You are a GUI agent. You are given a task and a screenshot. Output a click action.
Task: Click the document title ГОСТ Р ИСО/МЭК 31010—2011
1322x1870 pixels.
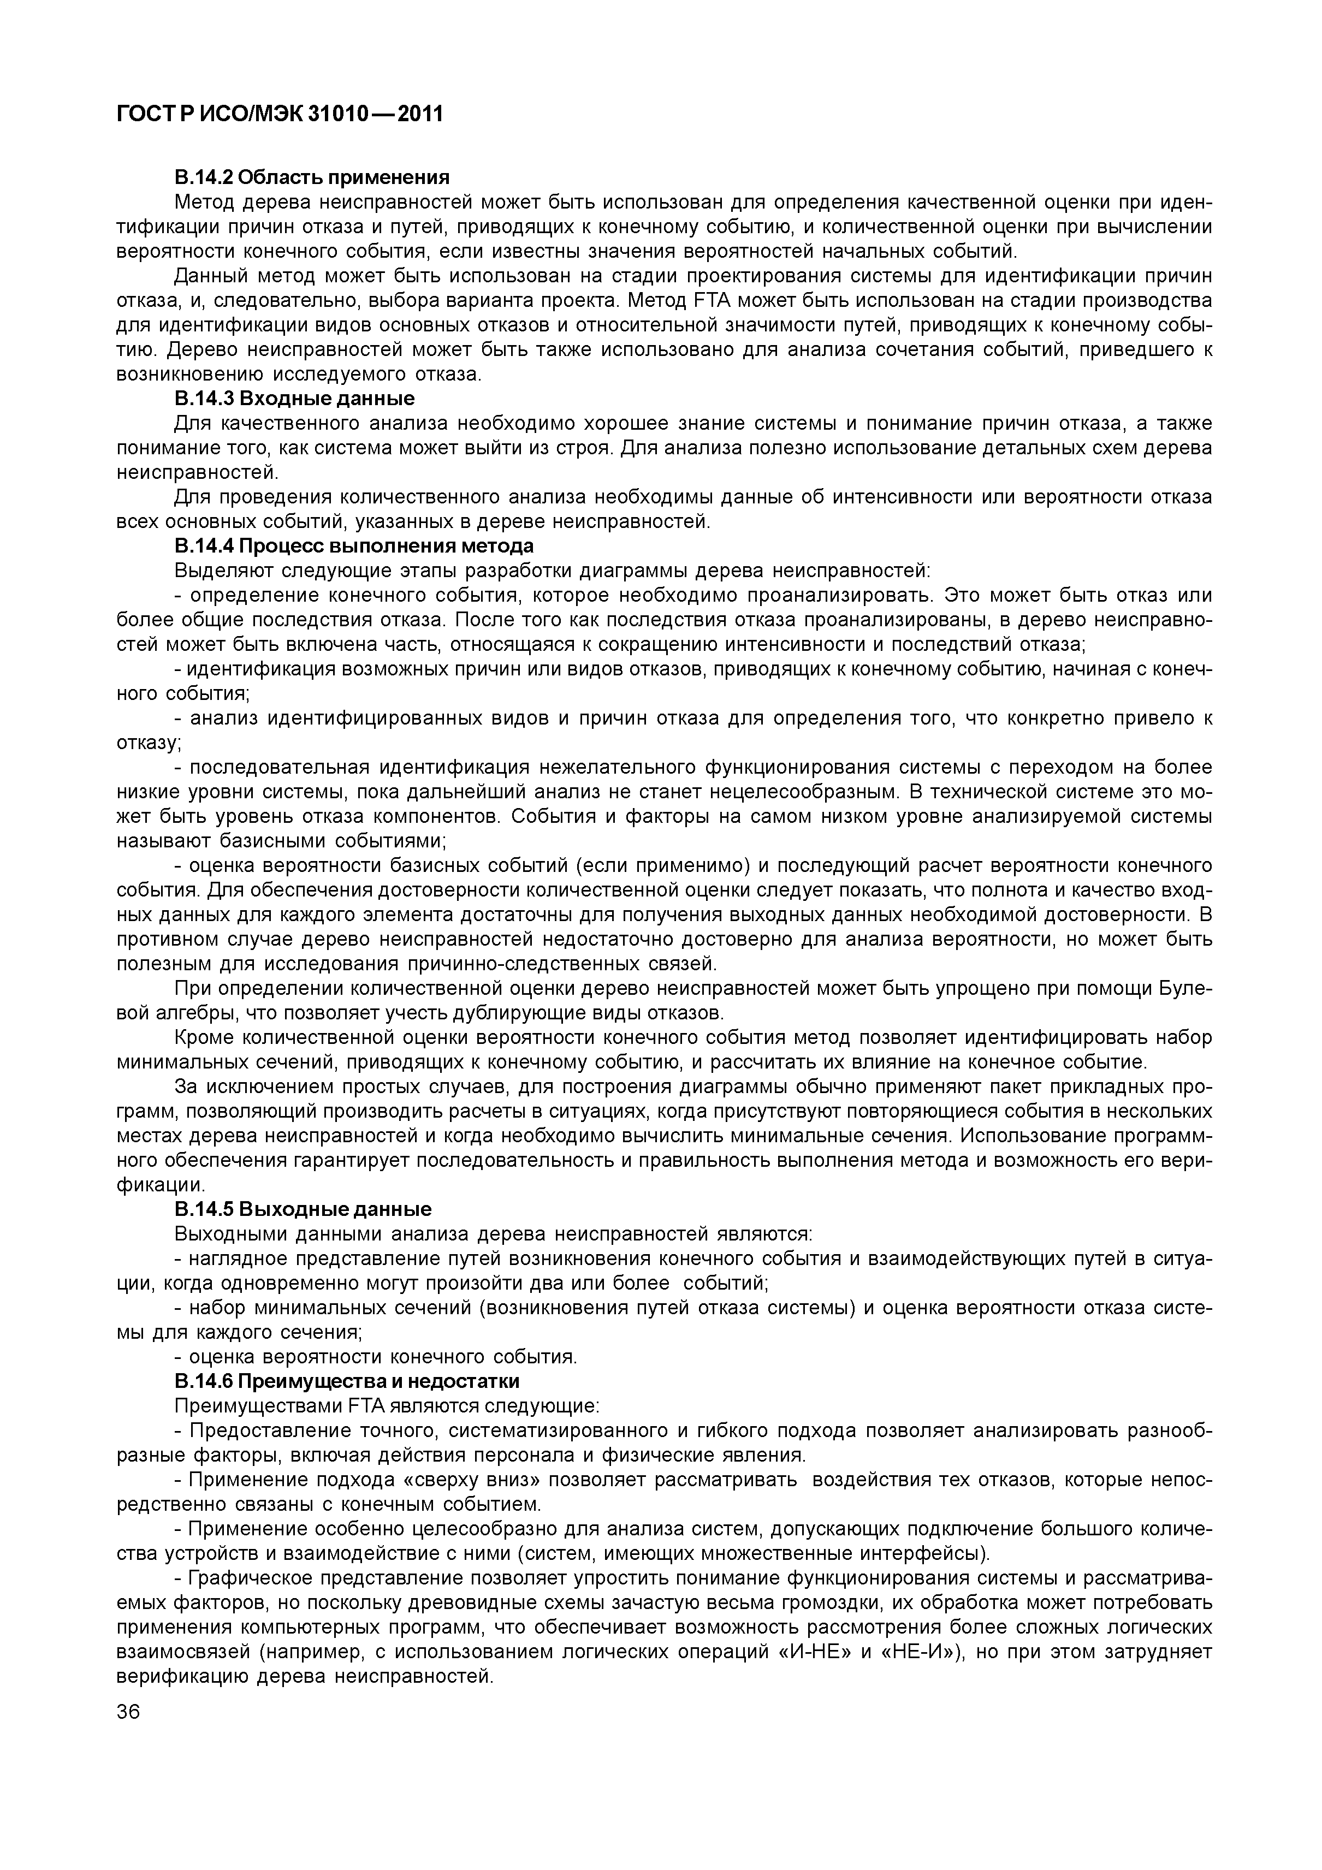280,113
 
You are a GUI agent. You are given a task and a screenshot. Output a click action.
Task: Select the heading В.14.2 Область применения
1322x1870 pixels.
312,177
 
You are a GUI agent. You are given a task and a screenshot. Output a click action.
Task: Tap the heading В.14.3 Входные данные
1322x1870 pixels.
294,398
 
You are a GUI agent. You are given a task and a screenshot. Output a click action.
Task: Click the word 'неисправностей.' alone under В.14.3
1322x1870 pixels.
197,472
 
